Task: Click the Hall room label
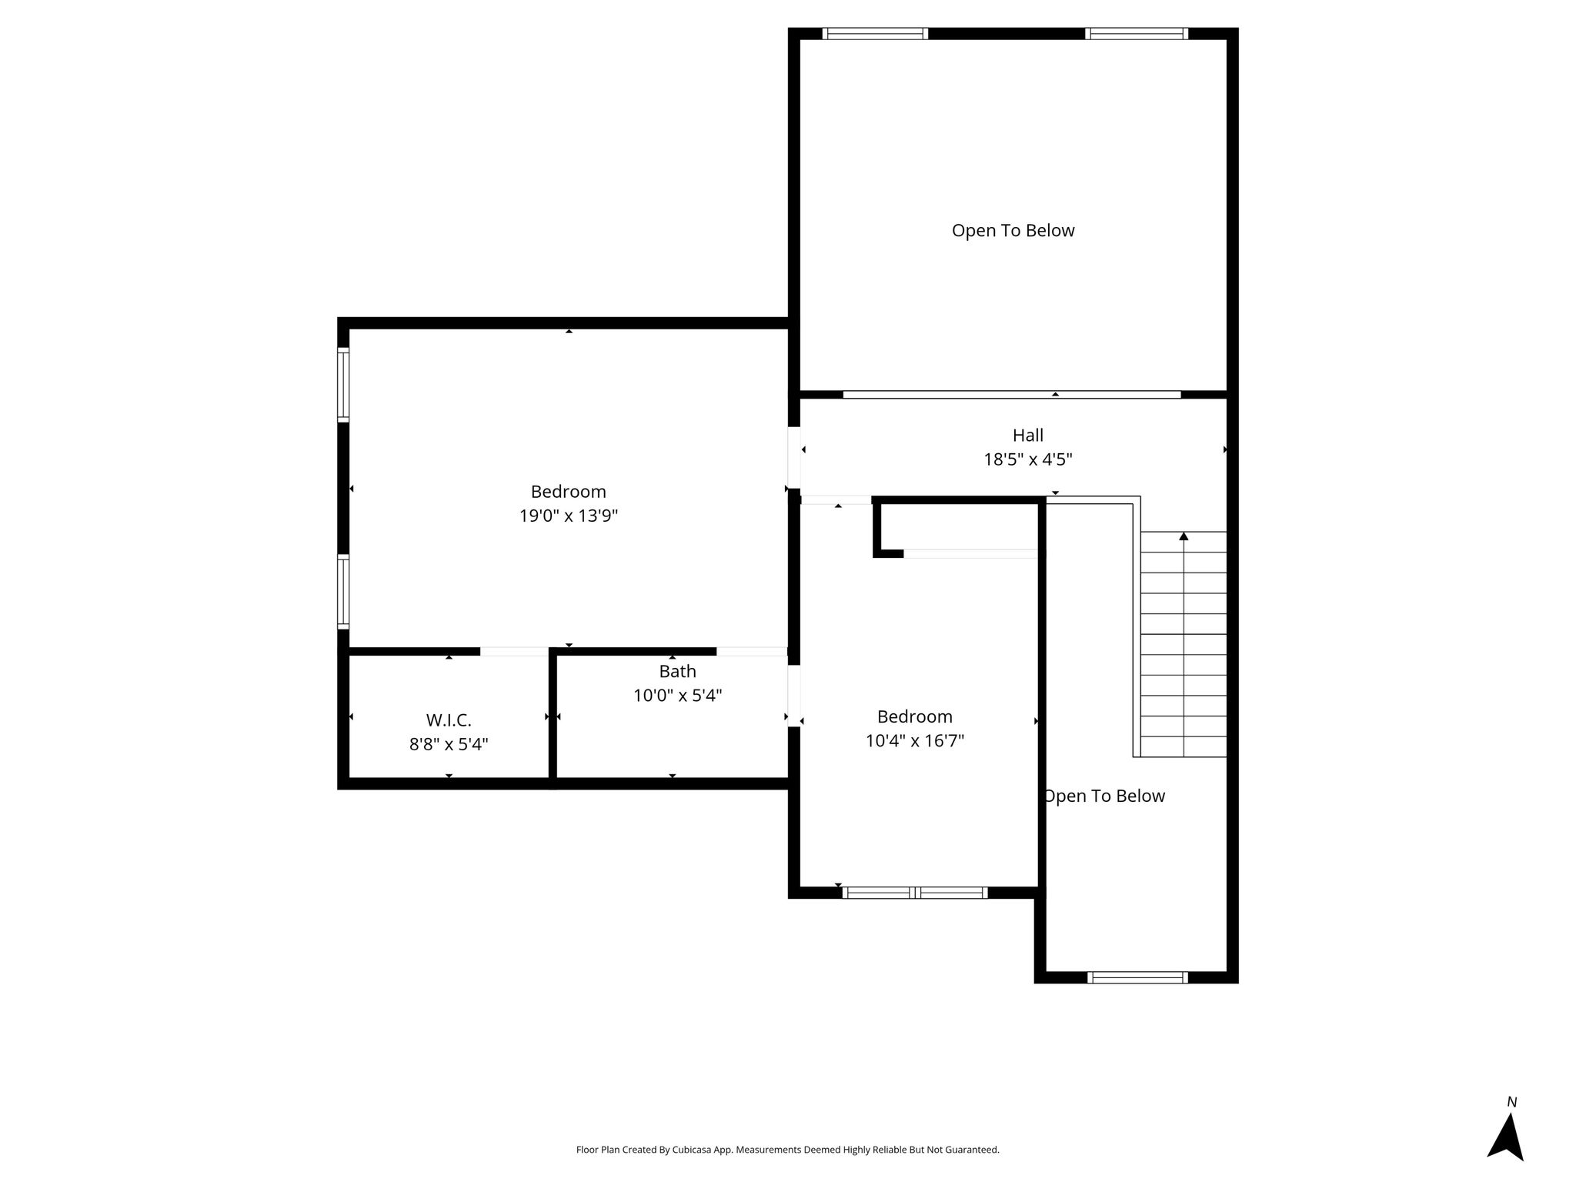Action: pos(1027,436)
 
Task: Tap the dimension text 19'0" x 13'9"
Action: pos(569,516)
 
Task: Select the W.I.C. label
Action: pos(449,720)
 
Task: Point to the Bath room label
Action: pos(677,672)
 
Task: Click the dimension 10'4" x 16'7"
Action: pos(915,741)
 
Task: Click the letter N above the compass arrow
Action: pos(1511,1103)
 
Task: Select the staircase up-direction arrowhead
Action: pos(1184,536)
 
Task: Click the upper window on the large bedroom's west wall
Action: pos(343,385)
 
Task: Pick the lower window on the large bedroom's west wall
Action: pos(343,591)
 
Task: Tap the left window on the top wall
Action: pos(875,33)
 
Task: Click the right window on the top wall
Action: pos(1137,33)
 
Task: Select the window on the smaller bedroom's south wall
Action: pos(915,893)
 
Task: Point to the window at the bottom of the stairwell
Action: pos(1137,977)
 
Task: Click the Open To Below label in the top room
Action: pos(1013,231)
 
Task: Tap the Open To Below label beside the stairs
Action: pos(1104,796)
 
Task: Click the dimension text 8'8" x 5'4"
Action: pos(449,744)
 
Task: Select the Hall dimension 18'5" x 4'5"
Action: pos(1028,459)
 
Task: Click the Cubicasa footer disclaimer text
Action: pos(788,1150)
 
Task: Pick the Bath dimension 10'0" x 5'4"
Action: pos(677,696)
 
